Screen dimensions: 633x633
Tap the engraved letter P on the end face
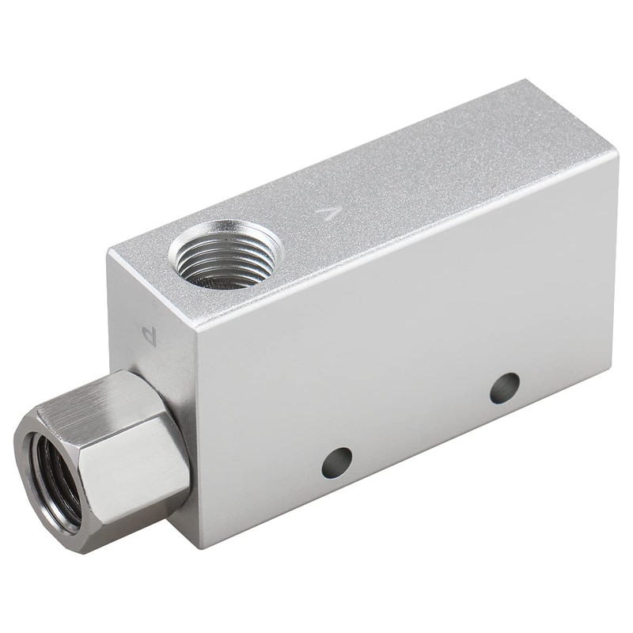pos(150,335)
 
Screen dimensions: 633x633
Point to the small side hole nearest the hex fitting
pos(336,462)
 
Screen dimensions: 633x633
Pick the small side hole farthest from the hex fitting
pos(504,388)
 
